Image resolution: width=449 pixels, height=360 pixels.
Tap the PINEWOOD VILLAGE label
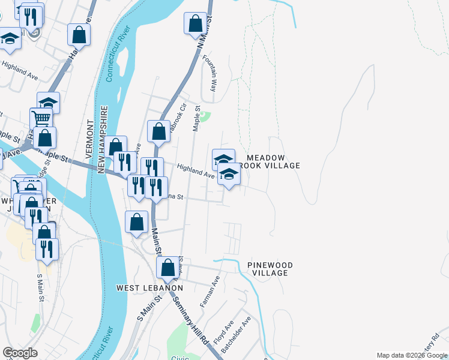click(x=270, y=268)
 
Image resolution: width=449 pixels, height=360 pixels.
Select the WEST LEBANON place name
click(x=149, y=288)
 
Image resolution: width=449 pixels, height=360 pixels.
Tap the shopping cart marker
click(x=41, y=118)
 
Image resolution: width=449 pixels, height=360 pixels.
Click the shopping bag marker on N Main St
click(x=196, y=25)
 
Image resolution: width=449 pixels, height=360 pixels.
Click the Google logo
click(x=20, y=353)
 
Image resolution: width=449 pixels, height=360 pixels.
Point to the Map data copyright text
click(x=411, y=355)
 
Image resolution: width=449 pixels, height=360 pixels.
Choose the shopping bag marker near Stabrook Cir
click(x=158, y=131)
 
